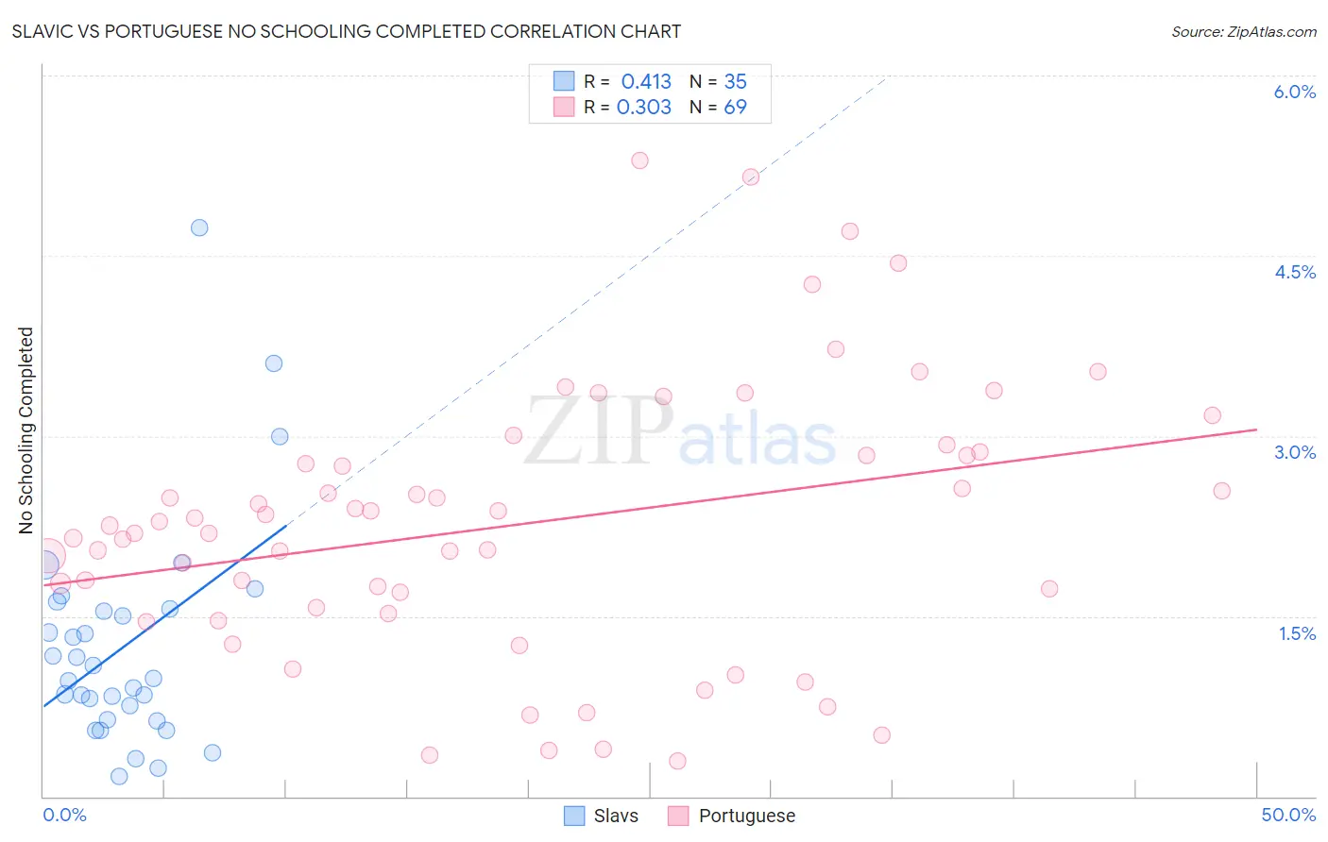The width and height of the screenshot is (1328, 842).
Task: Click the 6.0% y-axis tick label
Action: [x=1294, y=92]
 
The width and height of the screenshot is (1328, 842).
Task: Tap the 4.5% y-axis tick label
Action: [x=1294, y=272]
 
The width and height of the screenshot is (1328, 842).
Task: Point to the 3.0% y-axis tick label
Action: [x=1294, y=452]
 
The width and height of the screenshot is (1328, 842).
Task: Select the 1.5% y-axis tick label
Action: [x=1297, y=633]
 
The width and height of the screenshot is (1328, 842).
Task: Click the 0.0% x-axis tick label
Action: [x=64, y=815]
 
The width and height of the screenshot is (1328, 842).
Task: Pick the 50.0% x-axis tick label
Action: [x=1287, y=815]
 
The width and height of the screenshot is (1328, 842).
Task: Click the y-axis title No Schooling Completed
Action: [x=26, y=430]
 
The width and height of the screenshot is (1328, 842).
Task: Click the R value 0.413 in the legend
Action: [x=646, y=81]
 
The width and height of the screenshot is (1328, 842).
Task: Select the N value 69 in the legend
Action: [x=735, y=107]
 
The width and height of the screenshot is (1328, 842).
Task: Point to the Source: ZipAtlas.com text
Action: [x=1243, y=31]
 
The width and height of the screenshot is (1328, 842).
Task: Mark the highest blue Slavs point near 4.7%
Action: [x=199, y=227]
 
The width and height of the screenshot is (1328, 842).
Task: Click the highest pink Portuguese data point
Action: [x=639, y=160]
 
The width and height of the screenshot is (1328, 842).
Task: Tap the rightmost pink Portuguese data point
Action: [x=1221, y=491]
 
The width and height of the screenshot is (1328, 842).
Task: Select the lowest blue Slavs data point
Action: [x=119, y=776]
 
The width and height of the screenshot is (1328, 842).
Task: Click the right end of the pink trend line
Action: [x=1257, y=429]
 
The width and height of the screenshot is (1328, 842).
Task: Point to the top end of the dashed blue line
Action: [x=887, y=76]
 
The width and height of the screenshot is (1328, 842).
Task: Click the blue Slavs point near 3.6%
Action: [x=274, y=363]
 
